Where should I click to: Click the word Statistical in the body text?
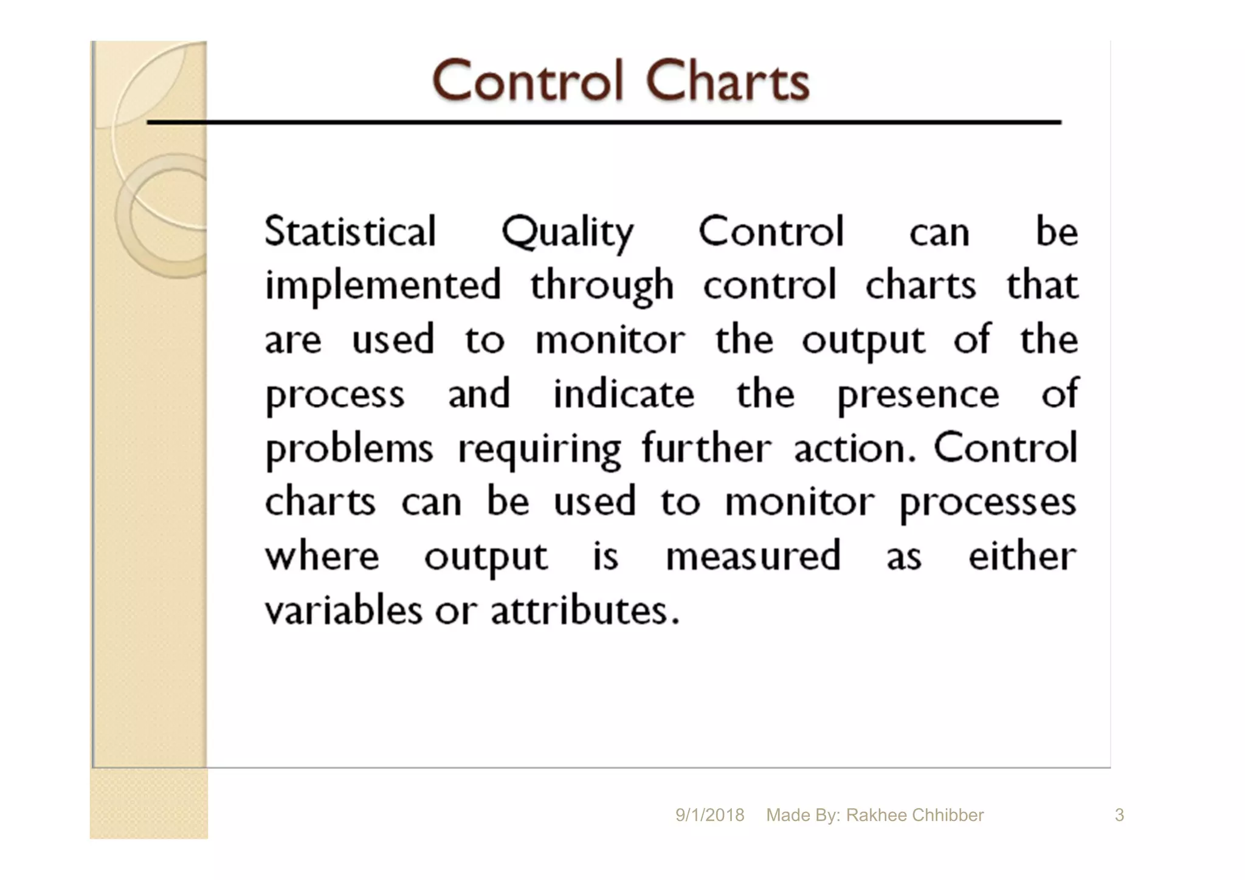click(350, 232)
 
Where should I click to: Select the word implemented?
click(383, 286)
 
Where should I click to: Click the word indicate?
click(623, 394)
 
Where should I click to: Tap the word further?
click(706, 448)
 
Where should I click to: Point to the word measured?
click(753, 556)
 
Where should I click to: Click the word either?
click(1022, 555)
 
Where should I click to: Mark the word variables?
click(343, 610)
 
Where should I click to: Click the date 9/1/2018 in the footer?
click(709, 815)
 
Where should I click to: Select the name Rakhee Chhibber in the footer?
click(914, 815)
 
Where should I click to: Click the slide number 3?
click(1119, 815)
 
